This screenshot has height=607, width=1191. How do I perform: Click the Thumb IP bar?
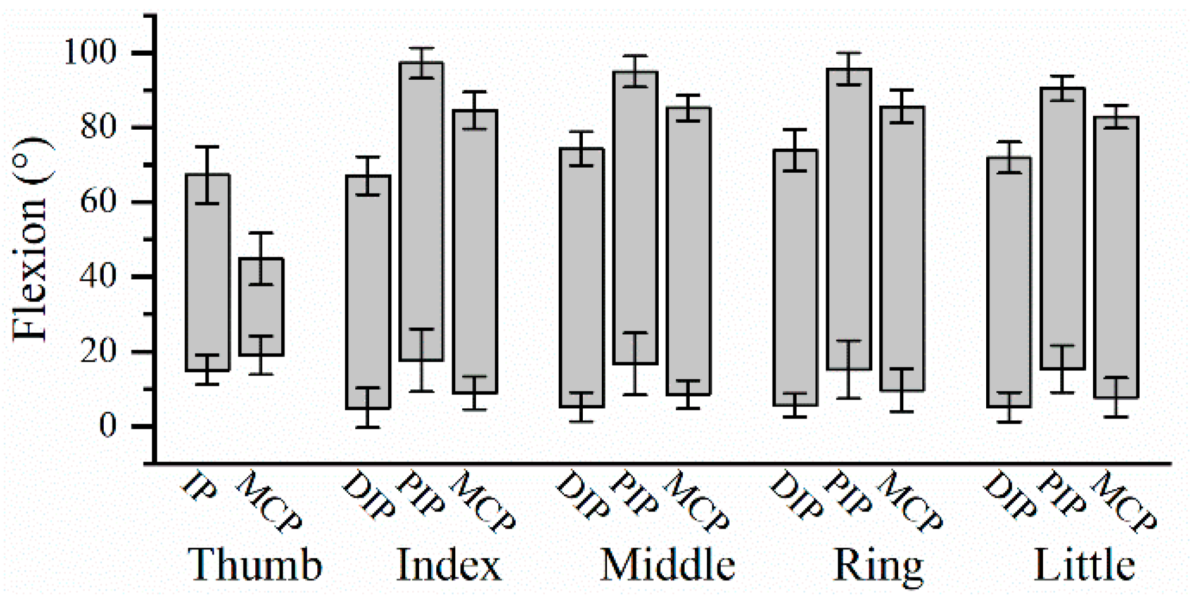pos(207,272)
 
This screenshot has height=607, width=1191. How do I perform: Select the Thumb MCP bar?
pos(260,307)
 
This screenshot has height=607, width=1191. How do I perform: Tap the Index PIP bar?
pos(421,212)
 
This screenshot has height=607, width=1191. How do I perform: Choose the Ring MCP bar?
pos(902,248)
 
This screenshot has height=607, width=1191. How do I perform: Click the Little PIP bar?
pos(1063,228)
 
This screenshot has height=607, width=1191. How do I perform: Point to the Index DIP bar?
pos(368,291)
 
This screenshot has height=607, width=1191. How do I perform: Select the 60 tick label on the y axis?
pos(99,202)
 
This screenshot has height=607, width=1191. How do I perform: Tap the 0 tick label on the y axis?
pos(108,426)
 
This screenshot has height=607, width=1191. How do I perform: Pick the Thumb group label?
pos(255,565)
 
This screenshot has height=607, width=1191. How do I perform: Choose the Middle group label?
pos(668,565)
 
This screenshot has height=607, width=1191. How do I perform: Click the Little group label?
pos(1084,565)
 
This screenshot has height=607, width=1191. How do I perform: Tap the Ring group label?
pos(879,565)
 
